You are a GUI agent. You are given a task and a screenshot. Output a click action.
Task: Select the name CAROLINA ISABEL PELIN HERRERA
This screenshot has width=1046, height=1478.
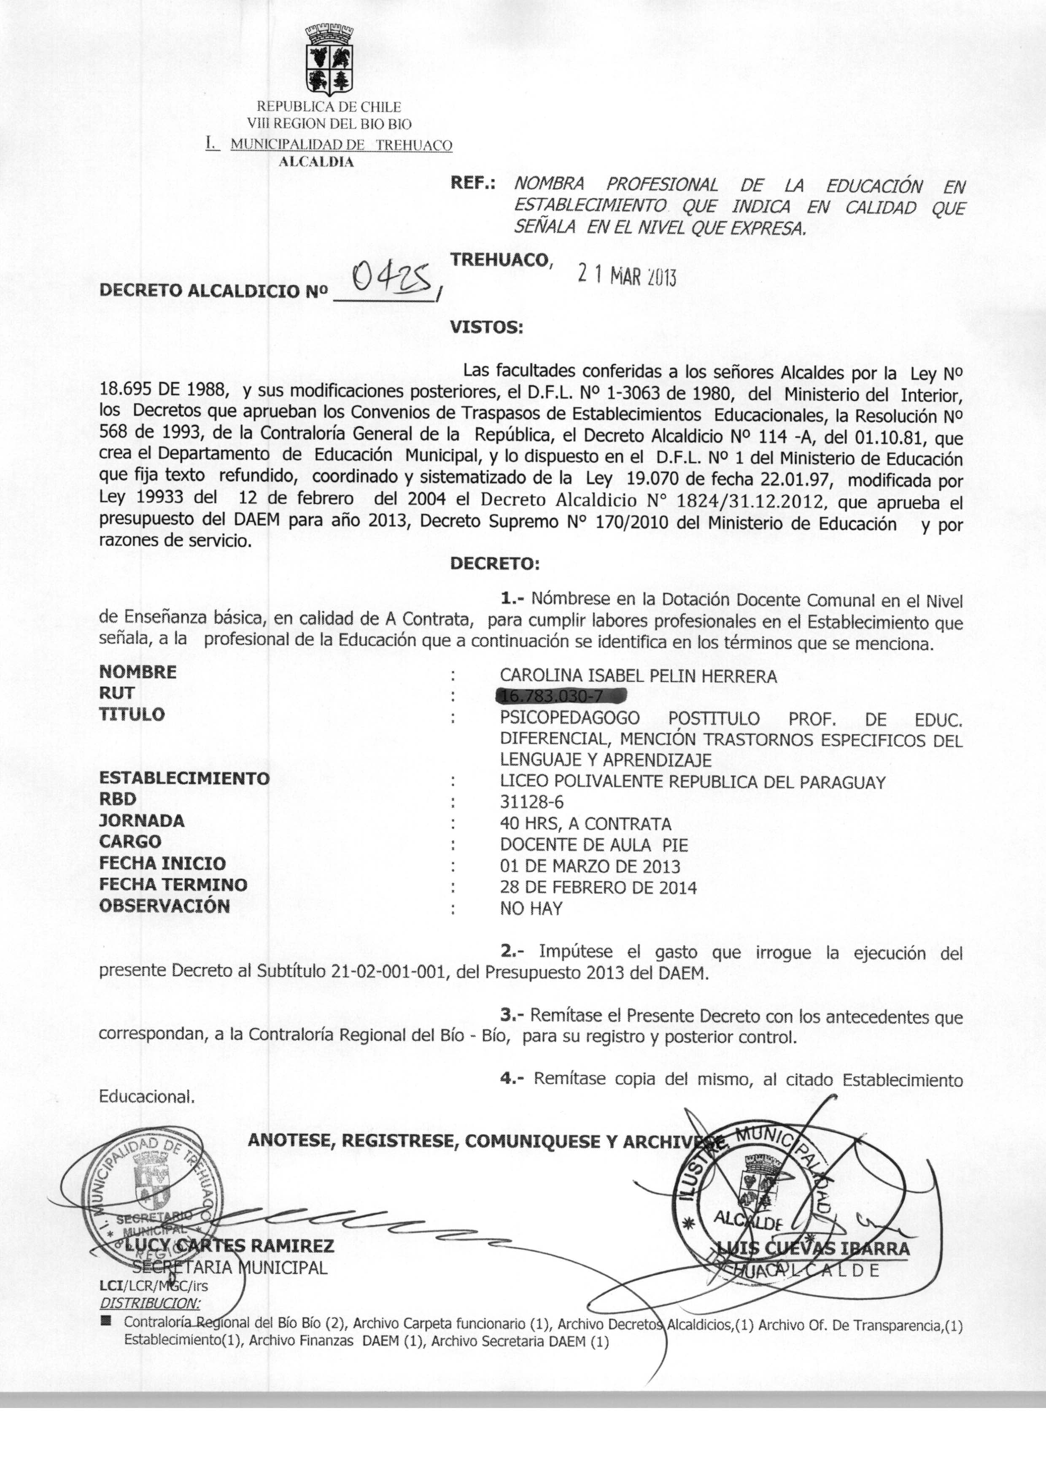point(638,676)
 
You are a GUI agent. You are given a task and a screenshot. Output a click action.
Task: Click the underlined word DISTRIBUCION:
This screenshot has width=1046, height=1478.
point(150,1303)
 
